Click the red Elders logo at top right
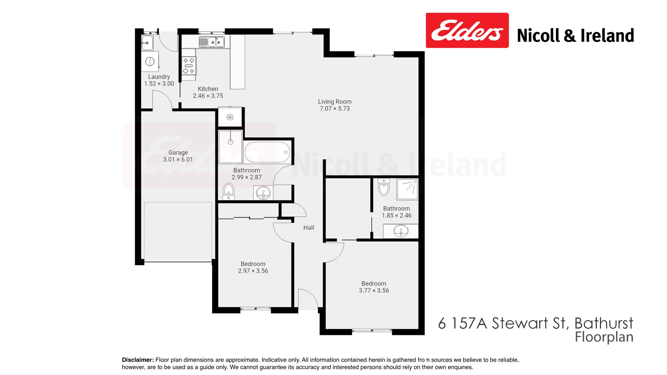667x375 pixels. click(x=467, y=31)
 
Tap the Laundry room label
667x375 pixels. click(x=159, y=77)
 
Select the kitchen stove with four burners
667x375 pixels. click(x=189, y=66)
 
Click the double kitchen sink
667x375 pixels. click(x=212, y=42)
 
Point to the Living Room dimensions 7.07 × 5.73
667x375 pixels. click(x=335, y=109)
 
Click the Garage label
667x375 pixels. click(x=178, y=152)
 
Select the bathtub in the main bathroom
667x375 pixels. click(x=267, y=152)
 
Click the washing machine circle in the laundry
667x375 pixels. click(x=150, y=61)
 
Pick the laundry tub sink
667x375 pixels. click(x=147, y=43)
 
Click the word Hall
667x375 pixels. click(x=308, y=228)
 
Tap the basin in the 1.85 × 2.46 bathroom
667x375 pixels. click(x=401, y=231)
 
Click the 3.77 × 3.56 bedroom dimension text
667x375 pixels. click(x=374, y=291)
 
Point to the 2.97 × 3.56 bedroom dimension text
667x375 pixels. click(x=253, y=271)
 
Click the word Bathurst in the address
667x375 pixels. click(x=604, y=323)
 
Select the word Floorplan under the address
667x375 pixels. click(x=604, y=337)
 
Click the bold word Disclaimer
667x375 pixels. click(x=138, y=360)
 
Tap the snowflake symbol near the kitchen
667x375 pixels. click(x=230, y=117)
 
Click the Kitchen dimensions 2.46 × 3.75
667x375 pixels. click(x=208, y=96)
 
